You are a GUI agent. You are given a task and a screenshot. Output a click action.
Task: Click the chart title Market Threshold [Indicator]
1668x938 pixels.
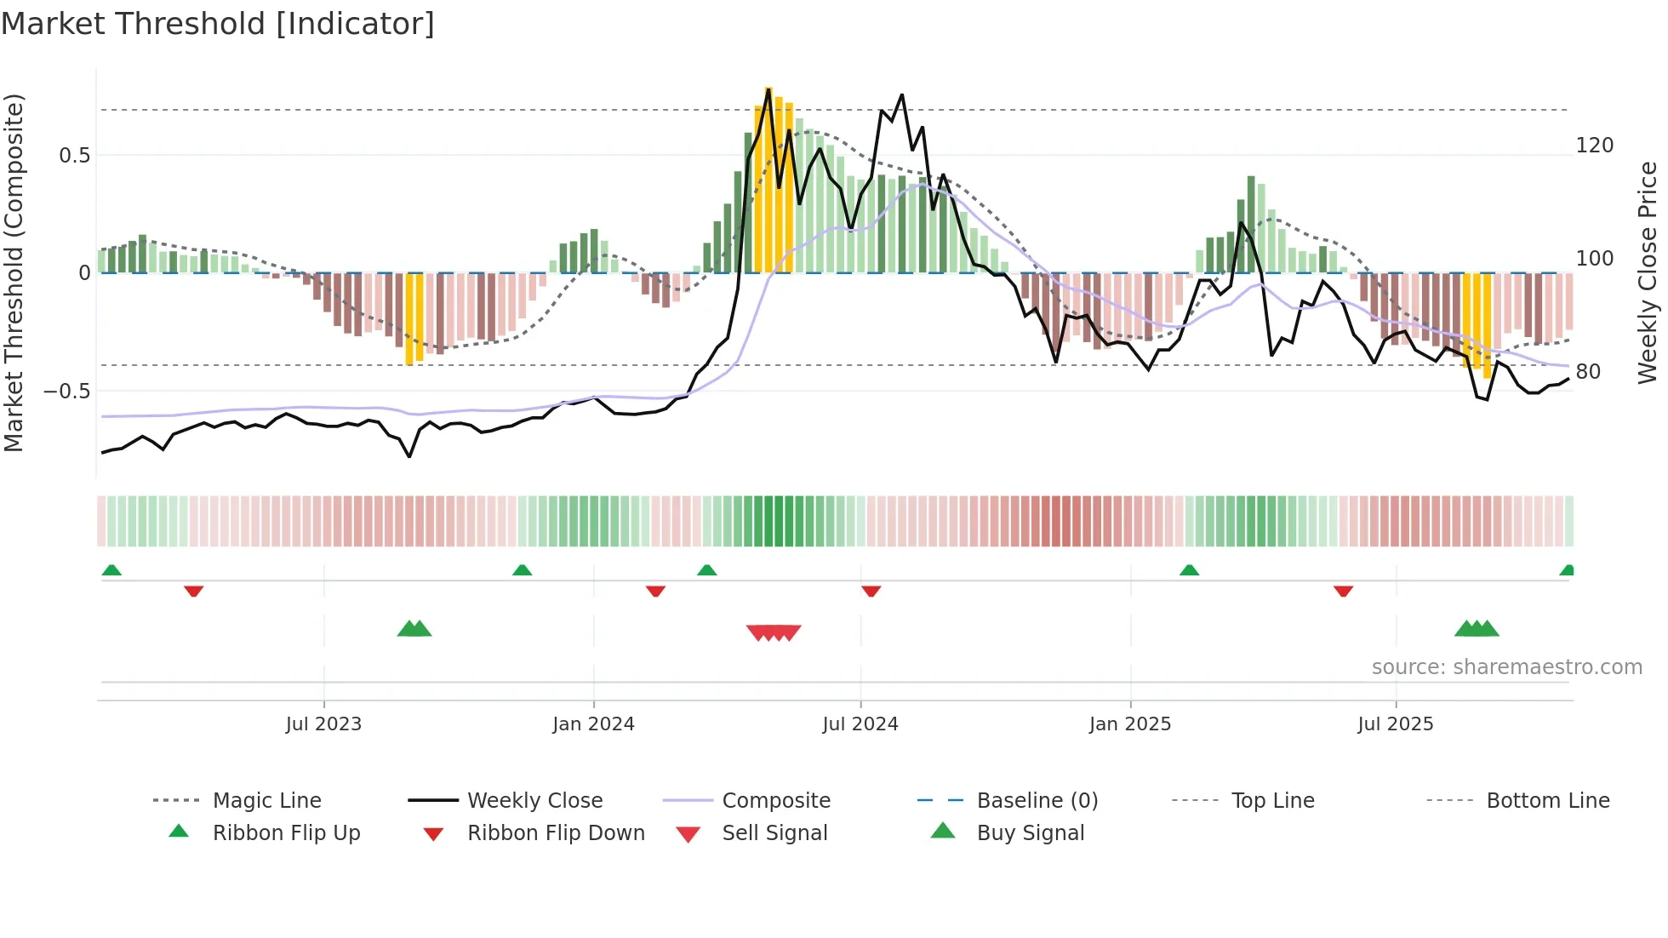point(218,24)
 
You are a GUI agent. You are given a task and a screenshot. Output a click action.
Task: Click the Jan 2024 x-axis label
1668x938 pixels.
point(593,724)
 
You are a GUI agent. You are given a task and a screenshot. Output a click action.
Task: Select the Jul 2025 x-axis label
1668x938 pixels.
point(1395,724)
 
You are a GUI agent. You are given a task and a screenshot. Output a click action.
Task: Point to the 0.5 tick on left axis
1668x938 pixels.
point(74,156)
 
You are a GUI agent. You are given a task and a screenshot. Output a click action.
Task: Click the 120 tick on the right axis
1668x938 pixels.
point(1594,146)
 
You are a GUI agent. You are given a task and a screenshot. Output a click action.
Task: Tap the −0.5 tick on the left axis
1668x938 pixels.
point(67,392)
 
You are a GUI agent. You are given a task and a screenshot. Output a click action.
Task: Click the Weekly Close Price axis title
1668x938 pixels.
point(1648,272)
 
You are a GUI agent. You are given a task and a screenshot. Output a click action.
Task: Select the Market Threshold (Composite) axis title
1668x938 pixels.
point(14,272)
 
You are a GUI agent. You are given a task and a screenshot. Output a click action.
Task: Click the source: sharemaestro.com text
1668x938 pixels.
point(1506,667)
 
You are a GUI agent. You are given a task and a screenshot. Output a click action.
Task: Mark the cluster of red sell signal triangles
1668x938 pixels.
point(774,632)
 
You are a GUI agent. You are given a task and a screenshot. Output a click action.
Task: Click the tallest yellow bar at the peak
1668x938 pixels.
point(768,179)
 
